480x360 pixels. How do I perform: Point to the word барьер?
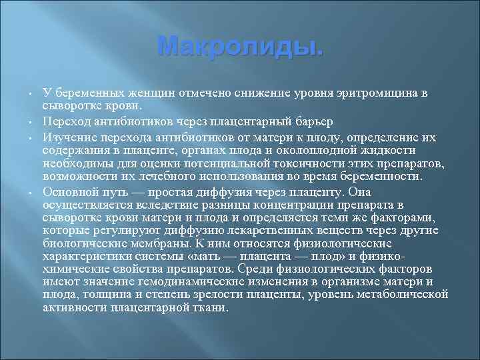click(x=306, y=121)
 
